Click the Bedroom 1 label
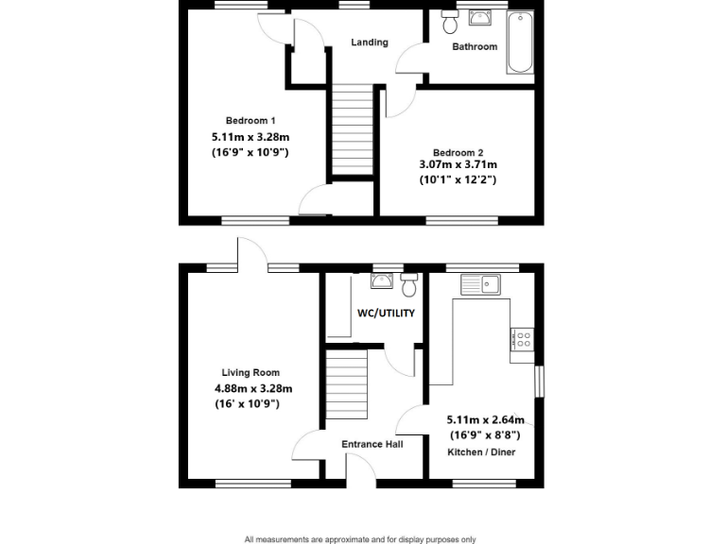[251, 120]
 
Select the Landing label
[369, 42]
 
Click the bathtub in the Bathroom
[520, 43]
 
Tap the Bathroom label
[474, 46]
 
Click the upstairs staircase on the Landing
[353, 129]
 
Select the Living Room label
[251, 373]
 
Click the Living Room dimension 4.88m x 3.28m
[252, 388]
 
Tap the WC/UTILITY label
[386, 314]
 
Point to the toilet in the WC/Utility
[409, 284]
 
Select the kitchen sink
[481, 283]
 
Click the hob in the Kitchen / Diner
[522, 340]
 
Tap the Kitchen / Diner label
[482, 452]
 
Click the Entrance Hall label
[375, 444]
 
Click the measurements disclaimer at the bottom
[360, 539]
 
